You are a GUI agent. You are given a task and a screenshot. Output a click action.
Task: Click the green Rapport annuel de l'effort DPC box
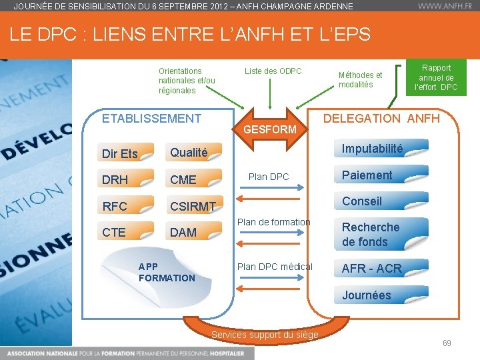click(x=436, y=77)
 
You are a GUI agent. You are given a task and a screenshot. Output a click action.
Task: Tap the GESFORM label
click(x=269, y=129)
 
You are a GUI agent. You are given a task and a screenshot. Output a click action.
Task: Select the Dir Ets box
click(x=125, y=153)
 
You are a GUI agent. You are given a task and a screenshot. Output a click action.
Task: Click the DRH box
click(x=125, y=179)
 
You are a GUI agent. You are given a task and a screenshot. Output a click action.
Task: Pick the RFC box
click(x=125, y=206)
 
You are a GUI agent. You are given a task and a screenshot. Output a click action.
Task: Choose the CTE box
click(x=125, y=232)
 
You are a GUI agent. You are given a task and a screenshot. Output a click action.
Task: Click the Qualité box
click(x=194, y=153)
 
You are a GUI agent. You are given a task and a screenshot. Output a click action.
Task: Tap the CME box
click(x=194, y=179)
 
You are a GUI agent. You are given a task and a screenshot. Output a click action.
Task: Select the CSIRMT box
click(x=194, y=206)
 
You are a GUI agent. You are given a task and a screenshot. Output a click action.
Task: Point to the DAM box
click(x=194, y=232)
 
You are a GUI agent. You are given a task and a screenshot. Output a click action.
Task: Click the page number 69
click(x=447, y=343)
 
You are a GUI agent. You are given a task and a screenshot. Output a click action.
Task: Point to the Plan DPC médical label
click(x=275, y=267)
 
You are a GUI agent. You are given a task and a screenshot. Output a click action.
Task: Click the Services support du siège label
click(x=265, y=335)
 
